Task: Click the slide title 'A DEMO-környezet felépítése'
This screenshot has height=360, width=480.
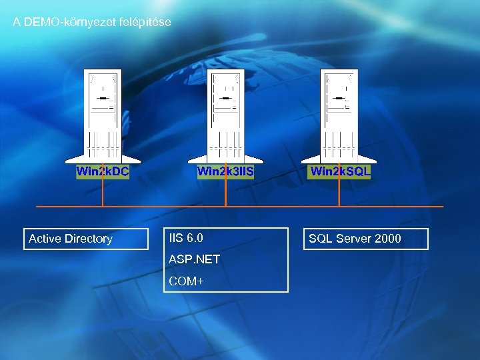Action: pos(92,22)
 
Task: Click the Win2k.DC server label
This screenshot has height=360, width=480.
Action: pos(103,171)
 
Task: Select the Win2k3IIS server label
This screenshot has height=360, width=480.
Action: pos(225,171)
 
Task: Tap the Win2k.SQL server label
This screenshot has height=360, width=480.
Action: pos(340,171)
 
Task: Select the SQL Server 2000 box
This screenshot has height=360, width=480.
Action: pos(366,239)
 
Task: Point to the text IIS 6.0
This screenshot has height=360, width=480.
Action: pos(186,238)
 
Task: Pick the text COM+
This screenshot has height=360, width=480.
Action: pos(186,281)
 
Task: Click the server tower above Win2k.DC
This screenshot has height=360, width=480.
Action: pos(103,113)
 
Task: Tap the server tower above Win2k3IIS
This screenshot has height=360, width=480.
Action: pos(225,113)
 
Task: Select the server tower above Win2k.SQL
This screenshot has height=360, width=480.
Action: pos(340,113)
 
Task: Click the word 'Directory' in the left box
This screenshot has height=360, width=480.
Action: pos(89,239)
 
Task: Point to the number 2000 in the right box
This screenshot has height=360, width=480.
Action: pos(388,239)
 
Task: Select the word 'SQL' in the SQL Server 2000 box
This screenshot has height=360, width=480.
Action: pos(319,239)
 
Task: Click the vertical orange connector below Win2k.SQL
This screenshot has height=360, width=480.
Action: pos(340,193)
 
